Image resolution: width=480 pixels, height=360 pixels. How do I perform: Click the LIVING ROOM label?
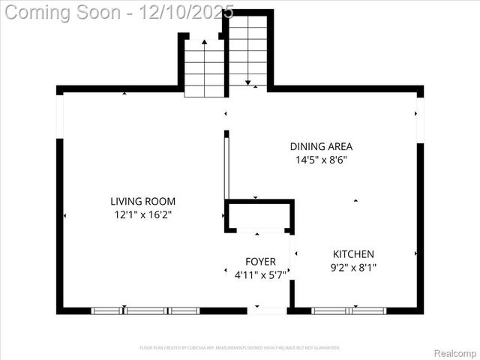(142, 201)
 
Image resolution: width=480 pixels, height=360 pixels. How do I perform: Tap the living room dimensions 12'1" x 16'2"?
(142, 214)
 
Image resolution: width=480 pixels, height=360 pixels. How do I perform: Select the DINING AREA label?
(321, 147)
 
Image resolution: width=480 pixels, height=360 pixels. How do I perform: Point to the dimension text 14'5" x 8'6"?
(321, 160)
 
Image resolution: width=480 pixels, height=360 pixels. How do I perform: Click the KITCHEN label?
(353, 254)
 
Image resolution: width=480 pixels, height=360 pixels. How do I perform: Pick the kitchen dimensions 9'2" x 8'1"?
(353, 267)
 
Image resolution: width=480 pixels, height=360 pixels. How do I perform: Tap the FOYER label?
(260, 262)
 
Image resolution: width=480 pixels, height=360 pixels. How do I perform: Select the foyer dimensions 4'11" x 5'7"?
(260, 274)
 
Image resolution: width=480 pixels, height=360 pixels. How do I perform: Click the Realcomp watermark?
(455, 352)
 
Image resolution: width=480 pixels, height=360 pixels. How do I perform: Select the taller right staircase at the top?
(247, 49)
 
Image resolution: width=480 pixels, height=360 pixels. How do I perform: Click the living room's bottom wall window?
(145, 310)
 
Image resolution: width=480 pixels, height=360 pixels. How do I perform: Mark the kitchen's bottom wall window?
(349, 310)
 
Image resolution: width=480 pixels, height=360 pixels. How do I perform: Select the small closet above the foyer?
(259, 216)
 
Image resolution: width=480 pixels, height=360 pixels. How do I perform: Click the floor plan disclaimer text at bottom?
(240, 348)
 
